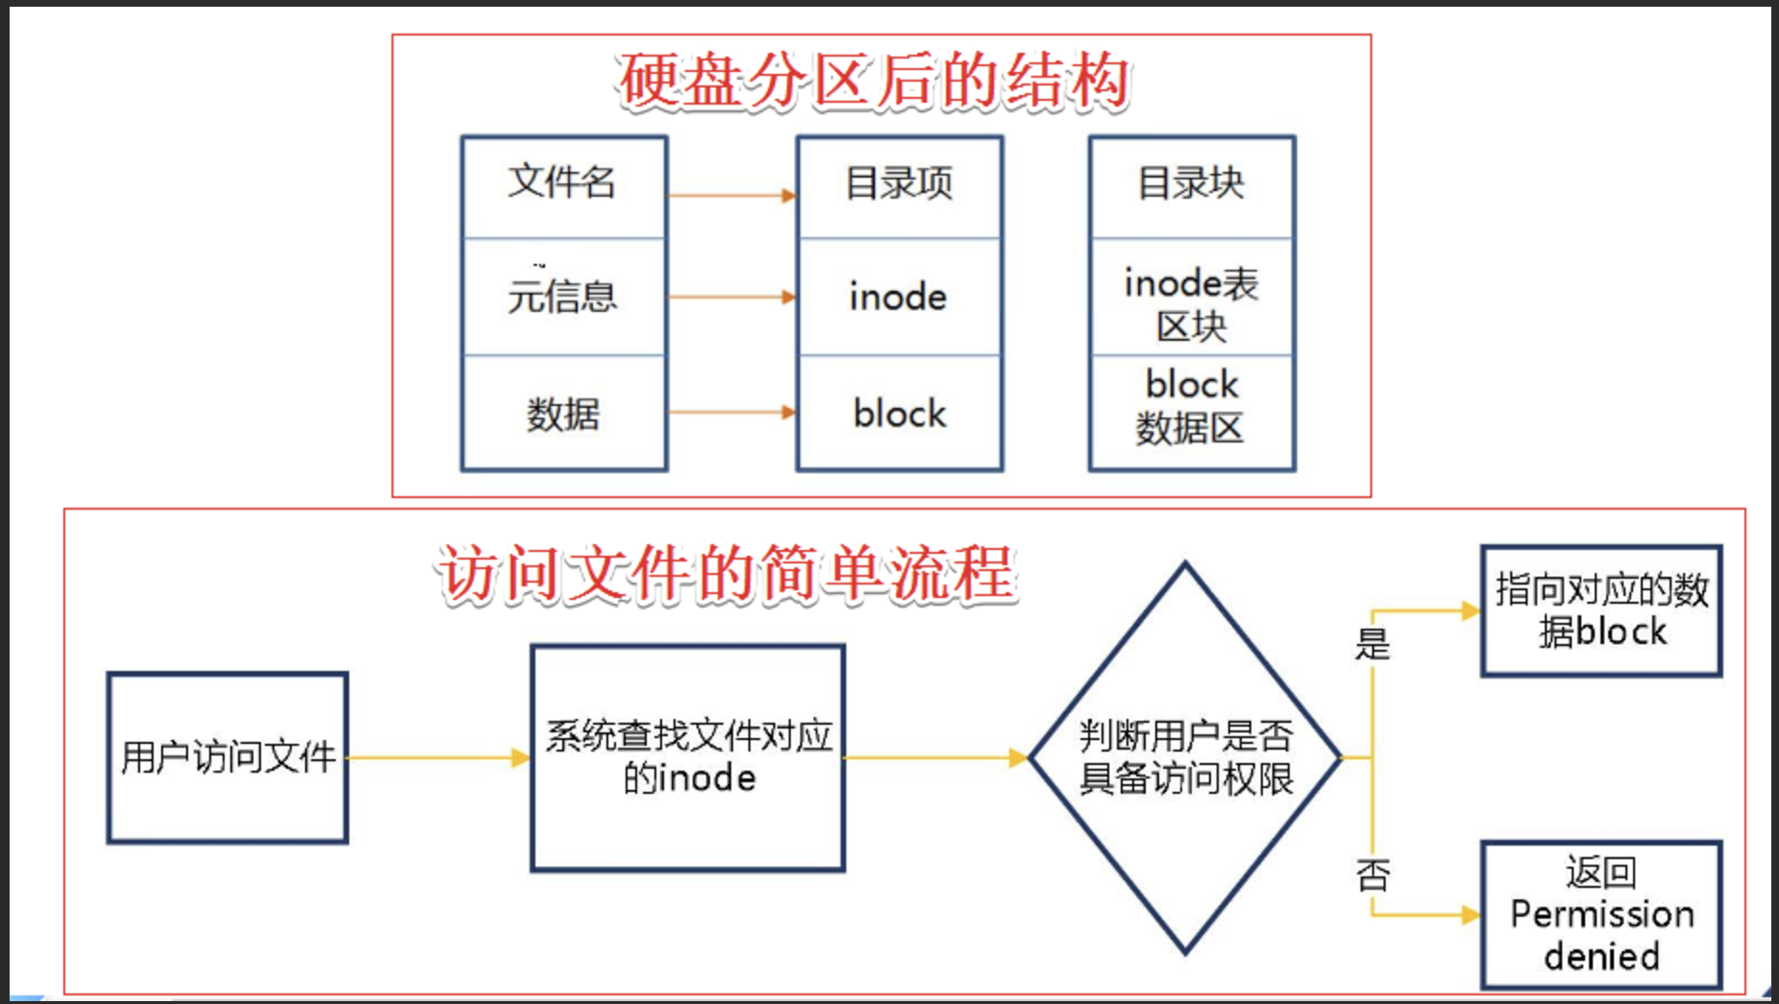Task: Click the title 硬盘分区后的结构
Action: point(873,81)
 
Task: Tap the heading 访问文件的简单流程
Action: point(726,574)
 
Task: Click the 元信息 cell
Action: point(563,297)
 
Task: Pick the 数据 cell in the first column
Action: point(563,414)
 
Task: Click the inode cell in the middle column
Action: point(899,297)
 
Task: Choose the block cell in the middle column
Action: point(899,414)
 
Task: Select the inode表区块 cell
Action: point(1192,303)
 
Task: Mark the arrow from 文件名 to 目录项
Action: point(731,196)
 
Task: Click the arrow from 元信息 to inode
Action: point(731,298)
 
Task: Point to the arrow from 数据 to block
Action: point(731,413)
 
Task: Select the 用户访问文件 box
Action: point(227,757)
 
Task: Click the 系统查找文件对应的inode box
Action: point(688,757)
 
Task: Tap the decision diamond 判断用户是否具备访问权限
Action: point(1185,757)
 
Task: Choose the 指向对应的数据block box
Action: point(1601,610)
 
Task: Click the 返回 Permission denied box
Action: point(1601,915)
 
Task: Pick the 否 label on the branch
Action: point(1373,874)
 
